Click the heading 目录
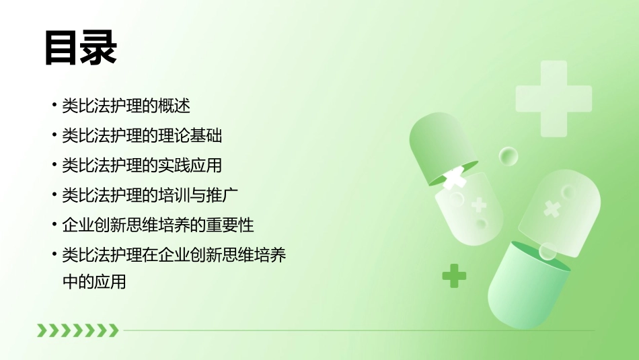pos(81,48)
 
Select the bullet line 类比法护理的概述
pos(126,106)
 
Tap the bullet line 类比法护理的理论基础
pos(142,136)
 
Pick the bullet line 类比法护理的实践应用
pos(142,166)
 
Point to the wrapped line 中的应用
pos(94,282)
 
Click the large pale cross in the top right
pos(554,98)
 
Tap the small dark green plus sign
pos(454,275)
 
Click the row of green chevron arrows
pos(77,330)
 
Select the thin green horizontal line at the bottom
pos(356,330)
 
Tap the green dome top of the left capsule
pos(437,145)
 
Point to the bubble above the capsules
pos(509,156)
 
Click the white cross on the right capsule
pos(552,209)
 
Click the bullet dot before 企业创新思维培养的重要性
pos(54,225)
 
